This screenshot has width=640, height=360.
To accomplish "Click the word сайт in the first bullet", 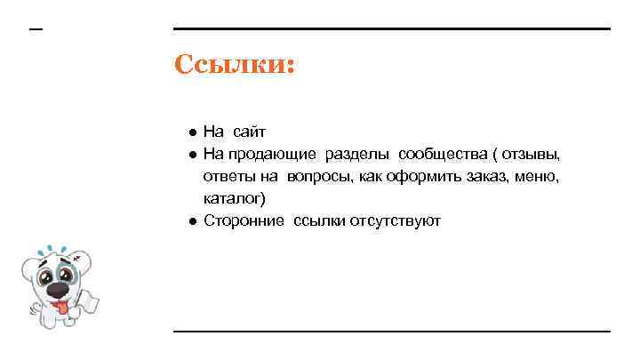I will click(x=250, y=132).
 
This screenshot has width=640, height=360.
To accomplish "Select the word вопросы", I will click(x=323, y=176).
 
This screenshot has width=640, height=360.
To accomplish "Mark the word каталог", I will click(x=234, y=198).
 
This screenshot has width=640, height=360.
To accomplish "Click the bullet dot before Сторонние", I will click(x=191, y=221).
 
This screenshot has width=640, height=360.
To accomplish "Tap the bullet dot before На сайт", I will click(x=191, y=132).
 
